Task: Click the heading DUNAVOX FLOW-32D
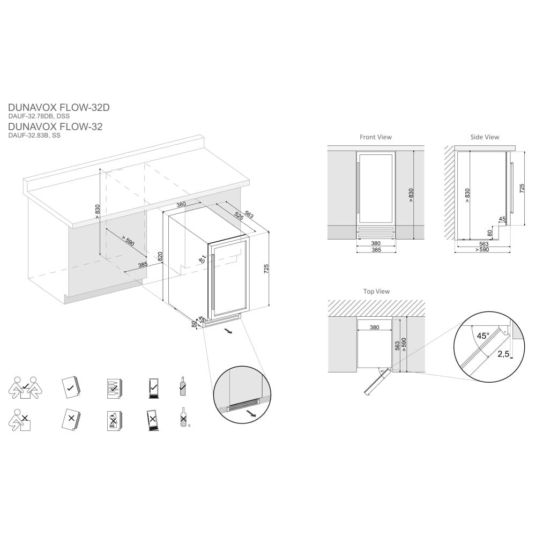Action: [x=59, y=107]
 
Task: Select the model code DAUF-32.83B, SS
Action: [x=34, y=136]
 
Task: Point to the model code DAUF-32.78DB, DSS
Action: [x=39, y=116]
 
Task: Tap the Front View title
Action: [x=375, y=137]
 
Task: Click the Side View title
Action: [x=485, y=137]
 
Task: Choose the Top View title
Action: [x=376, y=292]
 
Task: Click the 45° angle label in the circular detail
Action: [x=483, y=336]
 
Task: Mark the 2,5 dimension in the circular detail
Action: [x=503, y=354]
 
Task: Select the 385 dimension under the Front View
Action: [x=376, y=250]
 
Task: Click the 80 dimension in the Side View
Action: [x=490, y=232]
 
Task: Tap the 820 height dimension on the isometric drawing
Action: [x=160, y=257]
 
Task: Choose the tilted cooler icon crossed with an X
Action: [x=153, y=420]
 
